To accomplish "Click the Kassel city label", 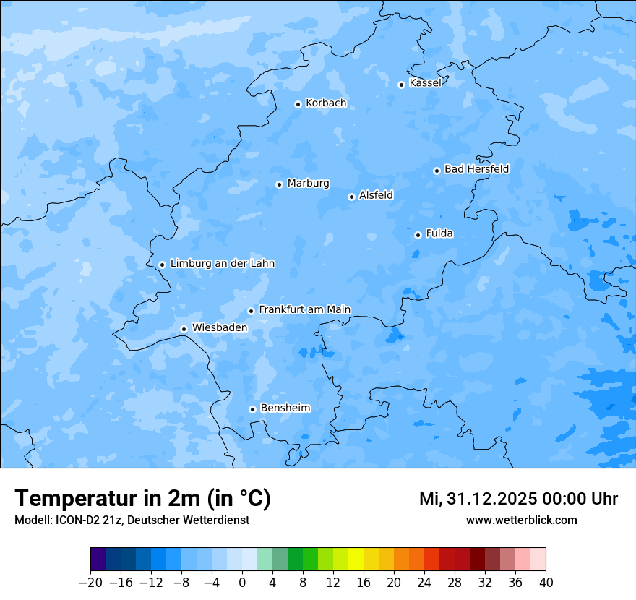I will [x=425, y=83].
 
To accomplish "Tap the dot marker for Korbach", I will [x=298, y=104].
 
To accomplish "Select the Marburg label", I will [x=308, y=184].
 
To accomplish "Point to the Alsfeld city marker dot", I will [x=351, y=197].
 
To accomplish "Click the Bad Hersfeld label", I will [x=476, y=169].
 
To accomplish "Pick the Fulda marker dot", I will [x=418, y=235].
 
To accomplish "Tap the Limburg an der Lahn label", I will [x=222, y=264].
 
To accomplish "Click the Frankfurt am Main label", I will [x=304, y=309].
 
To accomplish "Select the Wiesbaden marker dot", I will [x=184, y=329].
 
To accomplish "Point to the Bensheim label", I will [x=285, y=408].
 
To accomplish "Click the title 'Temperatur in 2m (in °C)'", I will [x=142, y=499].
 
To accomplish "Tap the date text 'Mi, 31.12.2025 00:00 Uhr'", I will [x=518, y=499].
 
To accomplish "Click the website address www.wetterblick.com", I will [x=521, y=520].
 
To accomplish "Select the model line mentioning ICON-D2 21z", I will [x=132, y=520].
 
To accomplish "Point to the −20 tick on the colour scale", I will [x=91, y=583].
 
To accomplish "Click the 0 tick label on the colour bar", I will [x=242, y=583].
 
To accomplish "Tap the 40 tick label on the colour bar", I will [x=546, y=583].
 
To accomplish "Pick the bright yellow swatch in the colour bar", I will [x=356, y=560].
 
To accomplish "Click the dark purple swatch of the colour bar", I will [x=98, y=560].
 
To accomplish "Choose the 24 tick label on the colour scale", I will [x=424, y=583].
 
